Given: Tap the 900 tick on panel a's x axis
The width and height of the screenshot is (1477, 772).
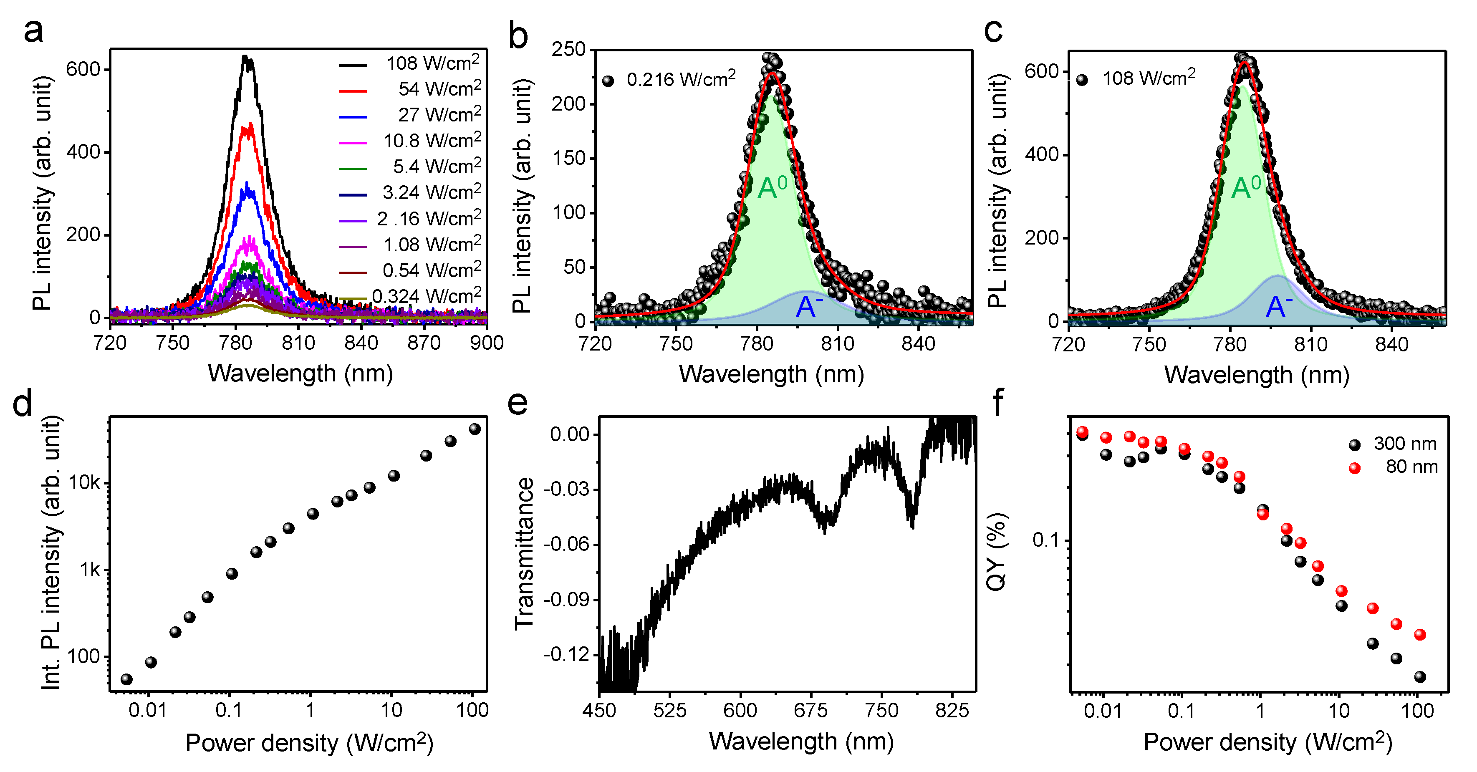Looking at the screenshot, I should click(x=487, y=343).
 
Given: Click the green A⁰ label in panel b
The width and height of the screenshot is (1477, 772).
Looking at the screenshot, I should click(x=773, y=187).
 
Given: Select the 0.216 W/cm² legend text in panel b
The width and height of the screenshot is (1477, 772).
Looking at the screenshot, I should click(x=681, y=79).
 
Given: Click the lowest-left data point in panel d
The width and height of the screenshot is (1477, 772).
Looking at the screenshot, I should click(x=127, y=680).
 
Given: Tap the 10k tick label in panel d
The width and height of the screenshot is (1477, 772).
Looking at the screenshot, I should click(x=84, y=483).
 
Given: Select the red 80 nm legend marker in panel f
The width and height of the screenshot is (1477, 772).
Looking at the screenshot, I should click(x=1355, y=468).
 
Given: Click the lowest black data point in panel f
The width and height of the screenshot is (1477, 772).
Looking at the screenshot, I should click(x=1420, y=677).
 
